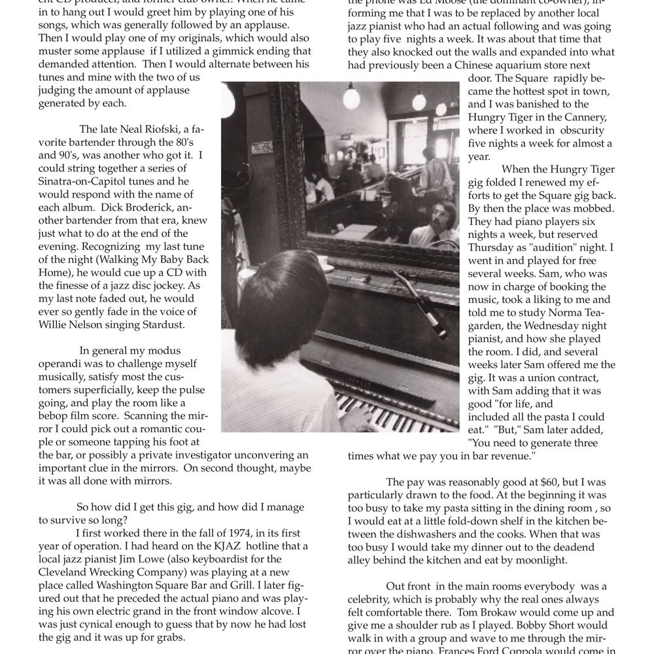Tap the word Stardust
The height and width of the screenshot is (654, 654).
pos(167,325)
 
